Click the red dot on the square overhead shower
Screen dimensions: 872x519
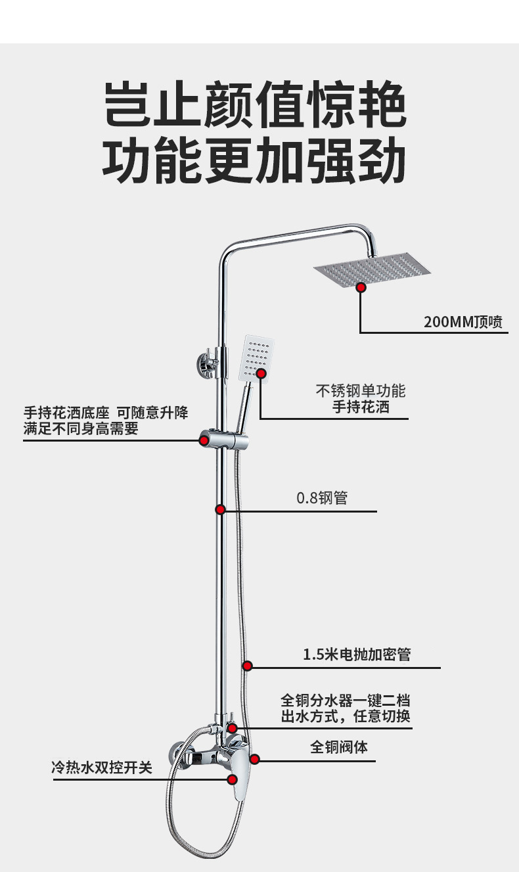[361, 287]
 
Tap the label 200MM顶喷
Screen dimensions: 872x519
[463, 322]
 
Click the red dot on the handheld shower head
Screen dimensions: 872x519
[261, 373]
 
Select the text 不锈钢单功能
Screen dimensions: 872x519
[361, 391]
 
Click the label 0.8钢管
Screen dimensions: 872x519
[322, 497]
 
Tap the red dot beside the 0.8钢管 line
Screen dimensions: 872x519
[221, 509]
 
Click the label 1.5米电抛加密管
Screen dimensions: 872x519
[357, 654]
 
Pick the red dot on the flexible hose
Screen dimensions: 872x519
[248, 666]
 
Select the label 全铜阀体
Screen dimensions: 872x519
[339, 747]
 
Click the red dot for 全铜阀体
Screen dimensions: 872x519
[255, 759]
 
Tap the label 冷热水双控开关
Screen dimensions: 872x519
[102, 767]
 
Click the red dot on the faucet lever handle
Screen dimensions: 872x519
[232, 779]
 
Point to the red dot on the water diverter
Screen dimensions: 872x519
[232, 728]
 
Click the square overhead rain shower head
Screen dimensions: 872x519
[372, 270]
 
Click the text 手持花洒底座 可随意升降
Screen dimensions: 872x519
[106, 413]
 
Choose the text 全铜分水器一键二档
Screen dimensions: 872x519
[346, 700]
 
